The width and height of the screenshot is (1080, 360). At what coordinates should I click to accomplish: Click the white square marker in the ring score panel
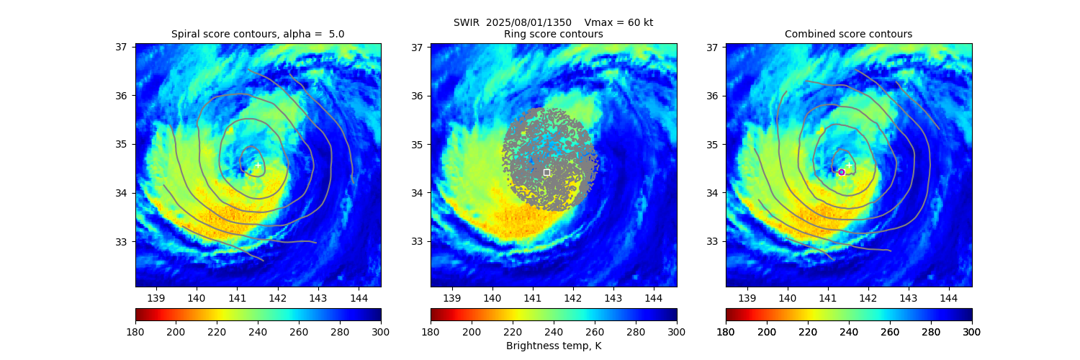tap(546, 172)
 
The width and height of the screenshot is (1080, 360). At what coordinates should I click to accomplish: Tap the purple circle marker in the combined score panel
tap(841, 172)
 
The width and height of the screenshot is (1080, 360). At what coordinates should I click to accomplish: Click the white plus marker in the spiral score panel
tap(258, 165)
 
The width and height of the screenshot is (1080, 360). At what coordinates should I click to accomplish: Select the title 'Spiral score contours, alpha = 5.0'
tap(258, 34)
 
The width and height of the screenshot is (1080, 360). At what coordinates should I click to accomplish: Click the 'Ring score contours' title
tap(553, 34)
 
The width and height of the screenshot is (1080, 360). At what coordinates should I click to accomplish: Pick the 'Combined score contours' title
tap(848, 34)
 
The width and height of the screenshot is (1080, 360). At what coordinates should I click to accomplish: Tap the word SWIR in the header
tap(467, 22)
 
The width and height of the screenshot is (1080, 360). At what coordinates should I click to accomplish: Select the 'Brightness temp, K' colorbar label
tap(553, 346)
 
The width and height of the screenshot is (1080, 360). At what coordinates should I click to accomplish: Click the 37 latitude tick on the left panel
tap(122, 47)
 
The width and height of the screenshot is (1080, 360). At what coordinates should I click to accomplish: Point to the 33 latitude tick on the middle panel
tap(417, 241)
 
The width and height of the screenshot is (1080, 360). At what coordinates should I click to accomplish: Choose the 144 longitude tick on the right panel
tap(948, 297)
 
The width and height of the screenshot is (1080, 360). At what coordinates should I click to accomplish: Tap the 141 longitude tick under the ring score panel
tap(532, 297)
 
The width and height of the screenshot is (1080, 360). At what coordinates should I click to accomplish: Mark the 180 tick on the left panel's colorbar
tap(135, 331)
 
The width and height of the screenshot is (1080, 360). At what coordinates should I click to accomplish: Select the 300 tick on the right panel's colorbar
tap(972, 331)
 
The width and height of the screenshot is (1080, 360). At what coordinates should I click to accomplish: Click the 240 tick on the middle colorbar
tap(553, 331)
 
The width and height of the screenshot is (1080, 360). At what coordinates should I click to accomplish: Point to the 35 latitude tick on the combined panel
tap(712, 144)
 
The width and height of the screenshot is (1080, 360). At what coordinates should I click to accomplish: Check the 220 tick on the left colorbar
tap(217, 331)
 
